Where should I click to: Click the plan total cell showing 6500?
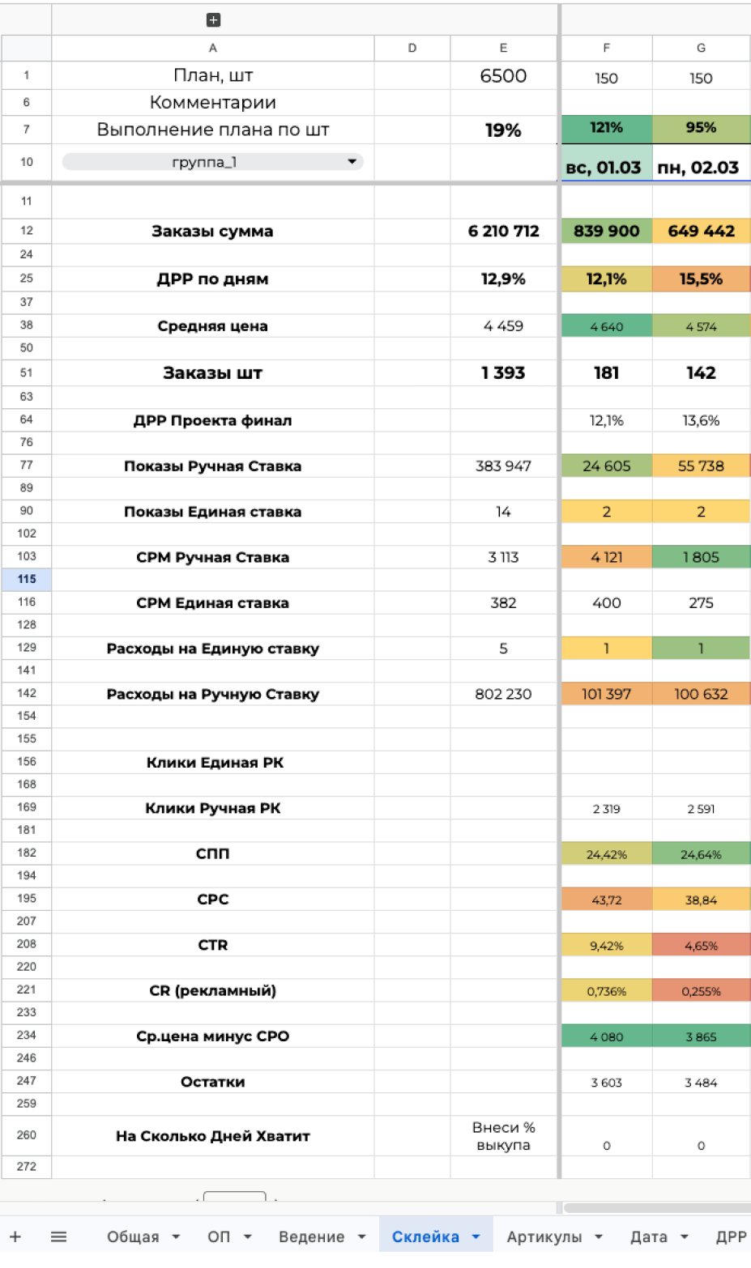pos(503,76)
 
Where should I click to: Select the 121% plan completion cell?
pos(606,128)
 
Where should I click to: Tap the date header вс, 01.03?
pos(604,168)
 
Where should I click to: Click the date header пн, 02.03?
pos(698,168)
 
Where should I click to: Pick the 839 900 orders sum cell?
pos(606,232)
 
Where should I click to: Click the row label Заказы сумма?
pos(212,232)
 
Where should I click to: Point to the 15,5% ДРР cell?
pos(701,279)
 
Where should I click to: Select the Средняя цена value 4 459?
pos(503,326)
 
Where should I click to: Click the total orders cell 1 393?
pos(503,373)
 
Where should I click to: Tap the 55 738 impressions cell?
pos(701,466)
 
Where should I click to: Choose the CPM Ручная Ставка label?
pos(212,557)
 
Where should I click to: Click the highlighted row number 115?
pos(27,579)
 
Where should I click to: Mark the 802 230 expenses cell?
pos(503,694)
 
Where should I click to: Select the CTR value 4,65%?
pos(701,946)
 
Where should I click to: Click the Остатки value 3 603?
pos(606,1083)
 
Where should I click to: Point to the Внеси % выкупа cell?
pos(503,1136)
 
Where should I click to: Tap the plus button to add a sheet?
pos(15,1237)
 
